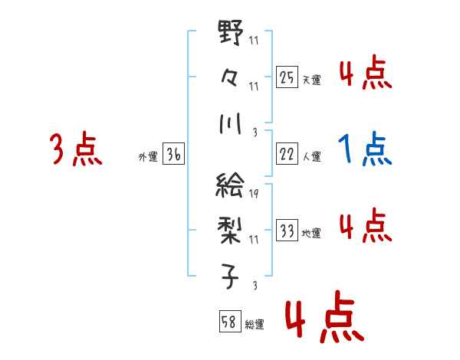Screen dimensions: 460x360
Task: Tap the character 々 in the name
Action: tap(231, 77)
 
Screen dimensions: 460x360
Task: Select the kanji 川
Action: tap(231, 123)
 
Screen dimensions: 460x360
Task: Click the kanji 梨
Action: tap(231, 229)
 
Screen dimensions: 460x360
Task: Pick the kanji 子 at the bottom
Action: tap(231, 273)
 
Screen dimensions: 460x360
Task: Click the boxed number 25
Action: tap(286, 78)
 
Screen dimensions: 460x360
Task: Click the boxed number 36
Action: tap(174, 155)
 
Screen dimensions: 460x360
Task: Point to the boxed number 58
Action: tap(229, 322)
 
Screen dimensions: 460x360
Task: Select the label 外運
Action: tap(147, 157)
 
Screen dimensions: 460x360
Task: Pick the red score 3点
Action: tap(76, 149)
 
